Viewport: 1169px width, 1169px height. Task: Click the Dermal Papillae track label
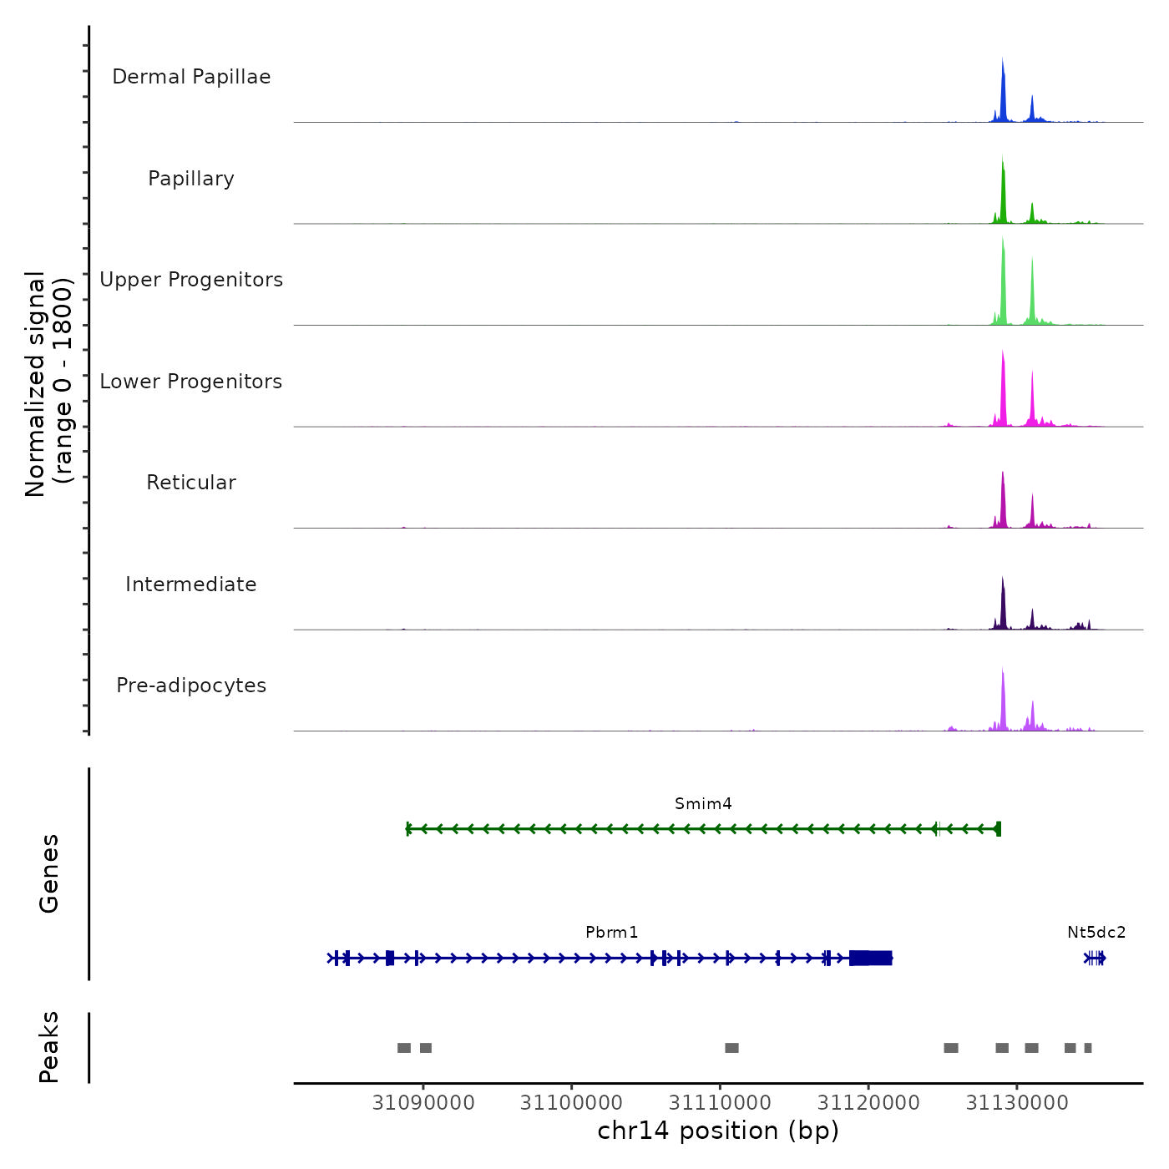[x=191, y=77]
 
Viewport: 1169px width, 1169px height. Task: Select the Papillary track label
[x=191, y=179]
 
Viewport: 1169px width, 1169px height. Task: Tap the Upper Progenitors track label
[x=191, y=280]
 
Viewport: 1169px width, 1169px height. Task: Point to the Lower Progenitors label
[x=191, y=382]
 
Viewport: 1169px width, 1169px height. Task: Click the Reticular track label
[x=191, y=483]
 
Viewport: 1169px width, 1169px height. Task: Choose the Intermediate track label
[x=191, y=584]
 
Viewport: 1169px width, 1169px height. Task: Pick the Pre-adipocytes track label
[x=191, y=686]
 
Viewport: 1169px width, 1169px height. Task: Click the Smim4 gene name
[x=703, y=804]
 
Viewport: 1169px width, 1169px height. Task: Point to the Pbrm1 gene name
[x=611, y=933]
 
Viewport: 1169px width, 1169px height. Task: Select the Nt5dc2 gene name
[x=1096, y=933]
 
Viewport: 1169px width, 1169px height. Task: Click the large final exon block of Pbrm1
[x=871, y=958]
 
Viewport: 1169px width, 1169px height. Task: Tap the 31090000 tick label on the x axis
[x=423, y=1103]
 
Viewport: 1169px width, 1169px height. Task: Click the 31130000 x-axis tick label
[x=1017, y=1103]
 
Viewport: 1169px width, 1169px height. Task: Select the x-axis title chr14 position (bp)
[x=718, y=1131]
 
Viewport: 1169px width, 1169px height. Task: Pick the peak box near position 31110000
[x=731, y=1048]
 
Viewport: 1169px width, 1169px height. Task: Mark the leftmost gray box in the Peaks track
[x=404, y=1048]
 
